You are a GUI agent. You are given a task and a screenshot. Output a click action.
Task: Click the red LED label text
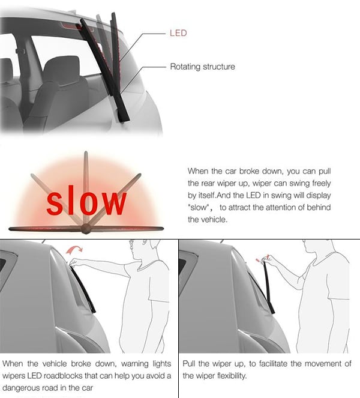point(178,33)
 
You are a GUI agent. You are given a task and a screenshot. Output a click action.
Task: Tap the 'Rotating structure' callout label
point(202,67)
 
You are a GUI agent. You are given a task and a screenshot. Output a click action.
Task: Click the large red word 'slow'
point(86,200)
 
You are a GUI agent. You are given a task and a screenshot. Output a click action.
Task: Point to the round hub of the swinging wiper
point(86,229)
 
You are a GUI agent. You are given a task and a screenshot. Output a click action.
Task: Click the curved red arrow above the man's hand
point(74,249)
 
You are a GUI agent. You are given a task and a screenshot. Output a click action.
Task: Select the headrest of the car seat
point(62,67)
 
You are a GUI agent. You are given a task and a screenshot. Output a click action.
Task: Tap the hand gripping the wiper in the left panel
point(74,262)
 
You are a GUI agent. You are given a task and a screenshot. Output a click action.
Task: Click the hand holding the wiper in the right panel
point(266,259)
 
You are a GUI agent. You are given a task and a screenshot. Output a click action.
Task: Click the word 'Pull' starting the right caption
point(189,364)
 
